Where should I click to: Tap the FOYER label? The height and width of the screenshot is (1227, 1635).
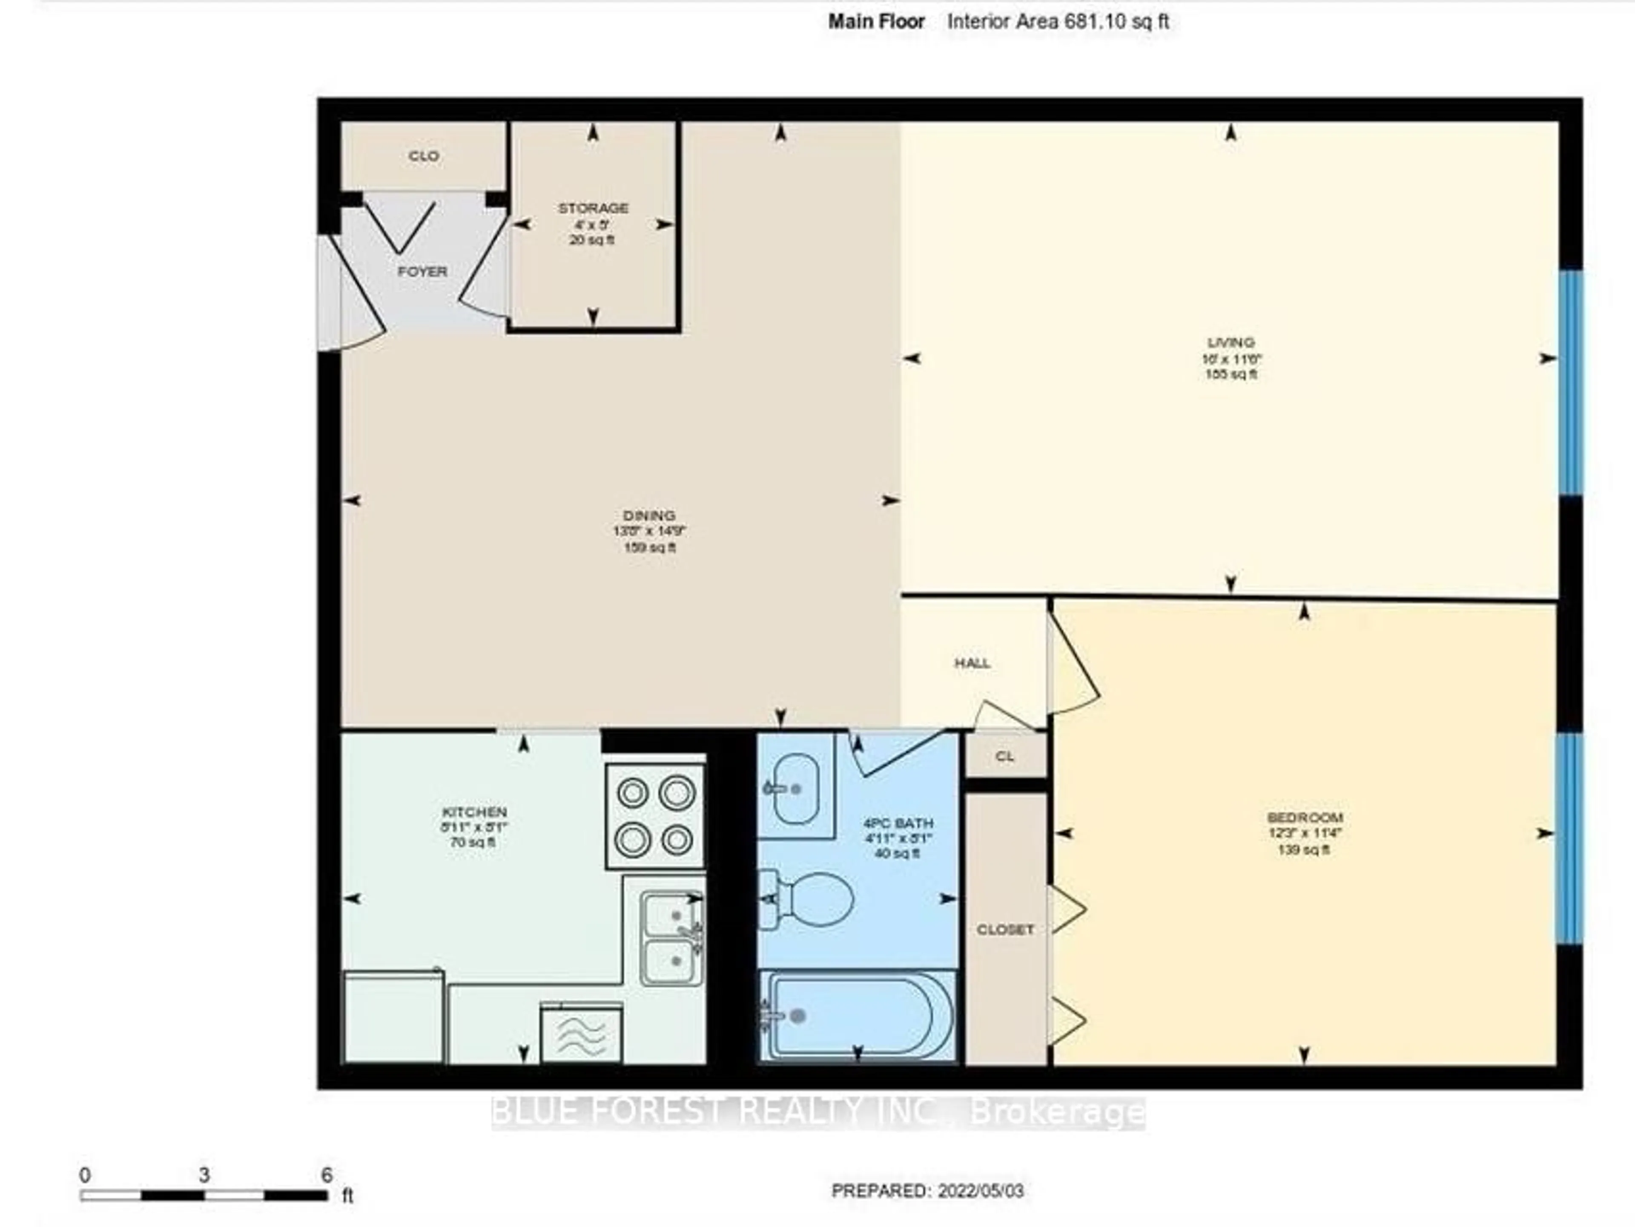pyautogui.click(x=422, y=271)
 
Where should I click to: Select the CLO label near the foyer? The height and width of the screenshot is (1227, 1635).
pyautogui.click(x=424, y=156)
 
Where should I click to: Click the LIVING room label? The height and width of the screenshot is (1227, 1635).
pyautogui.click(x=1231, y=343)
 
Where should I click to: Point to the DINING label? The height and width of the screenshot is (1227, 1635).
pyautogui.click(x=649, y=516)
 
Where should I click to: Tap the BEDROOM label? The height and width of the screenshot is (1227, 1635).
pyautogui.click(x=1305, y=817)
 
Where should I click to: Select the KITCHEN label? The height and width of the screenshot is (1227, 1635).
pyautogui.click(x=474, y=812)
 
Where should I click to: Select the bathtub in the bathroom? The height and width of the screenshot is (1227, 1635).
pyautogui.click(x=858, y=1016)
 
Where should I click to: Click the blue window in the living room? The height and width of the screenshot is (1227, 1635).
pyautogui.click(x=1570, y=383)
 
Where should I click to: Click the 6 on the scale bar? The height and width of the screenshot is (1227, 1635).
pyautogui.click(x=327, y=1175)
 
